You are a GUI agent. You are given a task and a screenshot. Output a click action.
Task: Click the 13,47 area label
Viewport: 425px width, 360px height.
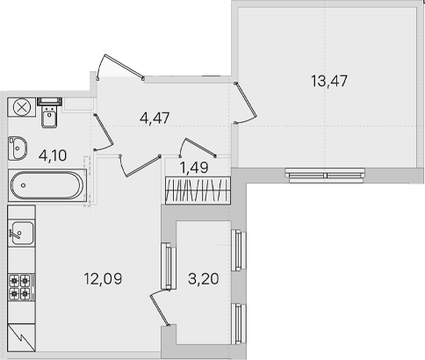329,81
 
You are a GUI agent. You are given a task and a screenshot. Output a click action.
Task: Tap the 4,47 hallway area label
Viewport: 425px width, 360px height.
155,119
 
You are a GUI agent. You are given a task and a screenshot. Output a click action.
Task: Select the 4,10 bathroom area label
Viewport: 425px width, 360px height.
53,155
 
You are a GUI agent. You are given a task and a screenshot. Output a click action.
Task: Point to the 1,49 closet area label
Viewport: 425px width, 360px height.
194,168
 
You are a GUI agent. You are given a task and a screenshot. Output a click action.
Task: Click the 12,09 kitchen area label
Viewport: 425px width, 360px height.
103,278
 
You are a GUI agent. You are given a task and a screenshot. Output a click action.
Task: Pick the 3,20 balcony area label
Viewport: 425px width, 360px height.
204,278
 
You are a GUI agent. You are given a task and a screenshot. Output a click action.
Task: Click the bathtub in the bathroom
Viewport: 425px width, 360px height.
47,185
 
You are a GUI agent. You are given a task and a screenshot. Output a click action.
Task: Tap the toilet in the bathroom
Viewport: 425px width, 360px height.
49,112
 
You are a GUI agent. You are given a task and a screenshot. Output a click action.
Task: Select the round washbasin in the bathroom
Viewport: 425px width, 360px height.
18,148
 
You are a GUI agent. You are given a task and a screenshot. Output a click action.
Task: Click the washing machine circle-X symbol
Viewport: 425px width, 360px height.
22,107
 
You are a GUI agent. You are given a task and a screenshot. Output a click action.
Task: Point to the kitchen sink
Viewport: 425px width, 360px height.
22,233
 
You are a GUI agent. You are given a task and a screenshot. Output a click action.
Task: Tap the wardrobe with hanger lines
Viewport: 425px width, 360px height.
198,191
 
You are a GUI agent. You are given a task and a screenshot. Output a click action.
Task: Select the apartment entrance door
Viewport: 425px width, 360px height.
120,67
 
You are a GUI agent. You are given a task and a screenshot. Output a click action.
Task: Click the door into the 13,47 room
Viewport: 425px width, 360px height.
245,103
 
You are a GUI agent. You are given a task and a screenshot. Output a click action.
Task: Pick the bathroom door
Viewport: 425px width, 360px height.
104,132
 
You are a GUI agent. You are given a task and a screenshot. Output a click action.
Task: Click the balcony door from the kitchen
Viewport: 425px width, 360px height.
160,308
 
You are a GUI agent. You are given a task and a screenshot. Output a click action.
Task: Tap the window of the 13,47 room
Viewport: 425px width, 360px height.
325,176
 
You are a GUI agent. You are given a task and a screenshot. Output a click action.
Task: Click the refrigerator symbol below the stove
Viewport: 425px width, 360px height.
21,337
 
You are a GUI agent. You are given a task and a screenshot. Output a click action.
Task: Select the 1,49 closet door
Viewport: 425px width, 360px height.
198,148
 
